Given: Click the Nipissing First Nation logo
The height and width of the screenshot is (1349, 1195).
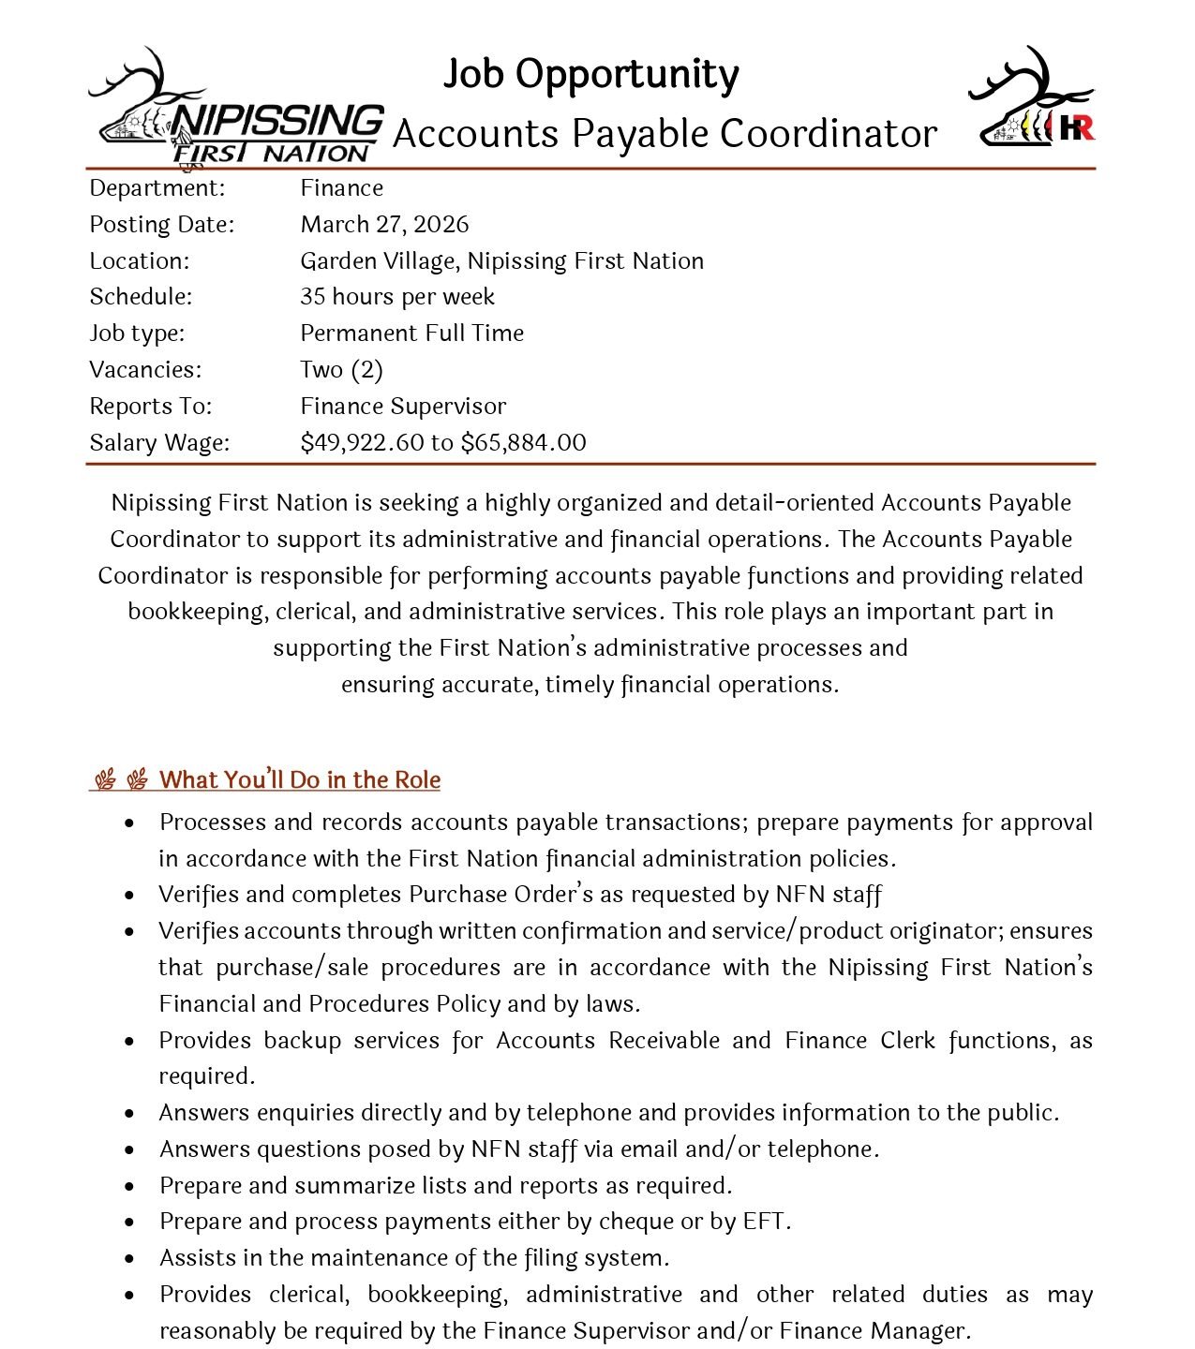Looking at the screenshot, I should tap(236, 111).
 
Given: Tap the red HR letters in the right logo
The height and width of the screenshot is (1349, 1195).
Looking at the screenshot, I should tap(1077, 127).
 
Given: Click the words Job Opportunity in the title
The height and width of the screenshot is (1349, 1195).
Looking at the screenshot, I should tap(590, 75).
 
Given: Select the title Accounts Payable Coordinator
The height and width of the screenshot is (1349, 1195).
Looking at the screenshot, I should tap(665, 134).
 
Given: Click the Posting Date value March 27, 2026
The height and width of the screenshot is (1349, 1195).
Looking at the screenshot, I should tap(384, 225).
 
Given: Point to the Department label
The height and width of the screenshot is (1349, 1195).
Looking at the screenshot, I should tap(157, 188).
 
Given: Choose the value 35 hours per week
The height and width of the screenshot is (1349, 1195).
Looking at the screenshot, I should tap(397, 297).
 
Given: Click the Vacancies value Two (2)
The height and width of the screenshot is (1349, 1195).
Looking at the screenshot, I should tap(341, 370).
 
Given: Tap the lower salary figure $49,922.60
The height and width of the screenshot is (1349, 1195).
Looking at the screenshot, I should tap(362, 443).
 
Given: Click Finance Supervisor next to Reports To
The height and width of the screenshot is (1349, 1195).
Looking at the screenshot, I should tap(403, 407).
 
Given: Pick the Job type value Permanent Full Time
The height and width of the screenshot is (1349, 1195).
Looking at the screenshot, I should tap(411, 334).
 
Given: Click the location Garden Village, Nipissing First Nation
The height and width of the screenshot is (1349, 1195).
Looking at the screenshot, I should tap(501, 261).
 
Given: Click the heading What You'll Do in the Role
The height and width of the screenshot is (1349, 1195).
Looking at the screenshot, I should tap(300, 780).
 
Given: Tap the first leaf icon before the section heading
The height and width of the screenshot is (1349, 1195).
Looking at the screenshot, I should tap(105, 780).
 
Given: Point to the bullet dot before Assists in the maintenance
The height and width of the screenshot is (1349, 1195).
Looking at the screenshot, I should tap(129, 1259).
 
